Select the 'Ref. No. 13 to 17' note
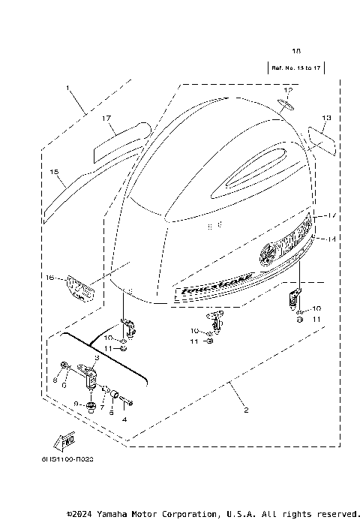click(x=295, y=68)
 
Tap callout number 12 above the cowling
click(x=289, y=90)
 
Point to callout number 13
click(x=325, y=118)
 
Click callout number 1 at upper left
click(x=68, y=89)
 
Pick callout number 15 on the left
click(x=53, y=172)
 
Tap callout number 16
click(x=49, y=278)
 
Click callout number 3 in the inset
click(x=97, y=359)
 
